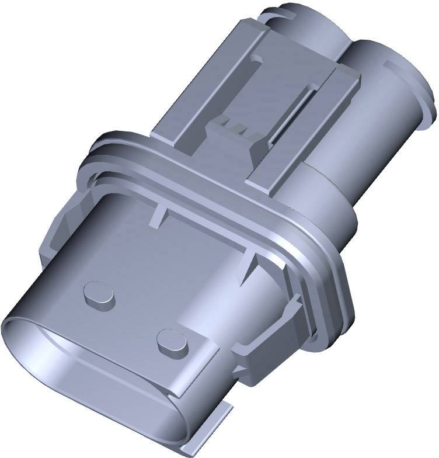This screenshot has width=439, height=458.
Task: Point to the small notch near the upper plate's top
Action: pyautogui.click(x=255, y=60)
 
